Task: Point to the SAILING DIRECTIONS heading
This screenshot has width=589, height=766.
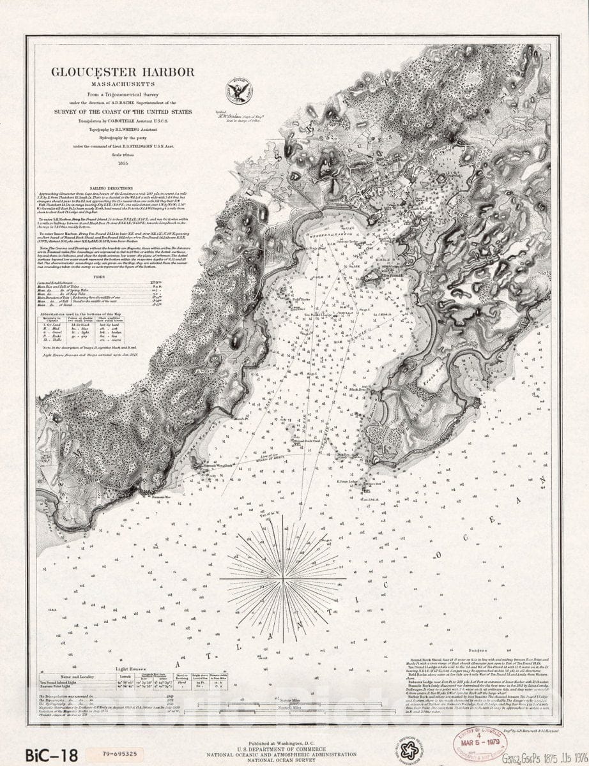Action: tap(111, 189)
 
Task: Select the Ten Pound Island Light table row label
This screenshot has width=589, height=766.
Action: tap(64, 681)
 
